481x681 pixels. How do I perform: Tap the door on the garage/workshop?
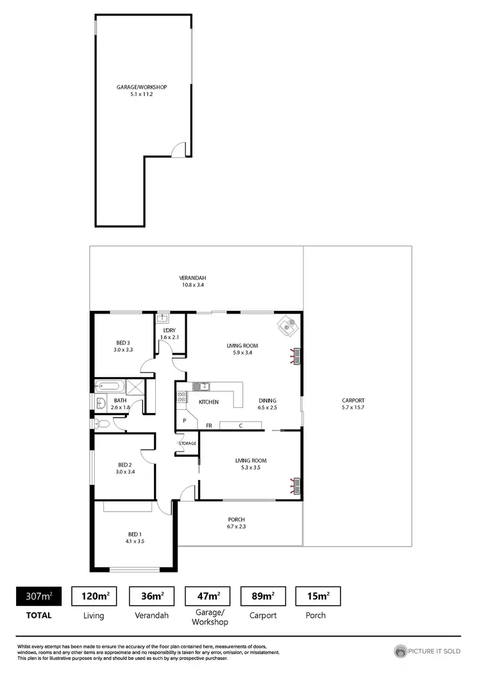[180, 150]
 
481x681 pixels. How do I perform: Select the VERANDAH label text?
[192, 278]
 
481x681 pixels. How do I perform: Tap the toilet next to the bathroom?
[103, 423]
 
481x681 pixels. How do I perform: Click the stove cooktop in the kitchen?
[181, 397]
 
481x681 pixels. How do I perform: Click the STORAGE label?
[187, 443]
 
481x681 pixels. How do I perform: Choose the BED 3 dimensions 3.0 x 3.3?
[124, 349]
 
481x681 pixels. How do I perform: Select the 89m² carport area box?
[263, 596]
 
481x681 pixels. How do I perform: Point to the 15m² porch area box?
[317, 596]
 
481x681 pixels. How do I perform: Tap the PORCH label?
[237, 520]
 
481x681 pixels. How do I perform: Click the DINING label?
[267, 400]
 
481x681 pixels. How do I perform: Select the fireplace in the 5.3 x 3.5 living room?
[296, 486]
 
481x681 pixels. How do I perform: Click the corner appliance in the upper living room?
[287, 326]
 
